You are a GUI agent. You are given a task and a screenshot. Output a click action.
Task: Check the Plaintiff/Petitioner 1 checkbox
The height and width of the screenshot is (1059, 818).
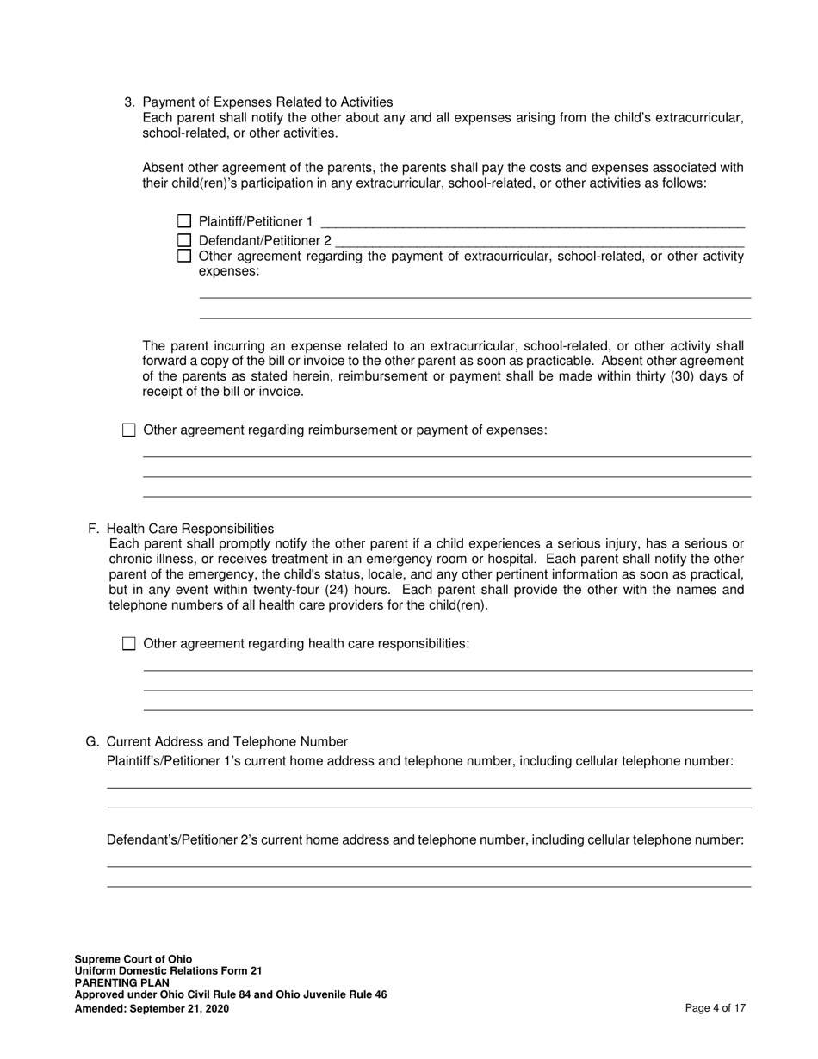(x=183, y=222)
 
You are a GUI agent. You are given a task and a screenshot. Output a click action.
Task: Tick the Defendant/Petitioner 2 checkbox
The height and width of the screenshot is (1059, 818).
(x=183, y=241)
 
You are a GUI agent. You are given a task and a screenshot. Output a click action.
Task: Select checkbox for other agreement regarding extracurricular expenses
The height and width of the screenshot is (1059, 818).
(x=183, y=256)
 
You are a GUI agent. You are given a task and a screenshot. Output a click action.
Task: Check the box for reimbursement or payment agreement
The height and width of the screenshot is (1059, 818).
(x=129, y=430)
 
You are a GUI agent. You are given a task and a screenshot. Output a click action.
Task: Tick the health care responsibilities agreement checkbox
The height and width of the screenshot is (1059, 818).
(x=129, y=644)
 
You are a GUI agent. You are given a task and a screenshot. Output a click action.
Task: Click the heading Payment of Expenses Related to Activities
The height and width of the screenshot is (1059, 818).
(x=267, y=102)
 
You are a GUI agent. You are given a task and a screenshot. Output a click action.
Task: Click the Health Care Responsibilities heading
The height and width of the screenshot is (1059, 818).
(x=190, y=529)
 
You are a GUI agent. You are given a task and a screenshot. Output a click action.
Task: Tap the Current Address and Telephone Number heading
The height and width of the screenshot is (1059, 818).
(x=227, y=742)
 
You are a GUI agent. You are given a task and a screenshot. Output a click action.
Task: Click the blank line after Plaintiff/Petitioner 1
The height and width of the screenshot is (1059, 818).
(x=531, y=224)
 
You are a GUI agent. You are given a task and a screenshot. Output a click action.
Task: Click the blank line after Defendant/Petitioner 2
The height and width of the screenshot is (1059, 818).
(x=540, y=243)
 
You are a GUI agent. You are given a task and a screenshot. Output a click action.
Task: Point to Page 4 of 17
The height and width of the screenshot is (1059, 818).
(x=715, y=1008)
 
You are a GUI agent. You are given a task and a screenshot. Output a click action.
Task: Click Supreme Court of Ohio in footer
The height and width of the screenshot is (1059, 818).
(x=133, y=959)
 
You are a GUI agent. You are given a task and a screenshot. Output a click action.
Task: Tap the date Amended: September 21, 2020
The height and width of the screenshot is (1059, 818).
(x=152, y=1008)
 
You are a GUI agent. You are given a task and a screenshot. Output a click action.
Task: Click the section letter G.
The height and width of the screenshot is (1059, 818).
(x=92, y=742)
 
